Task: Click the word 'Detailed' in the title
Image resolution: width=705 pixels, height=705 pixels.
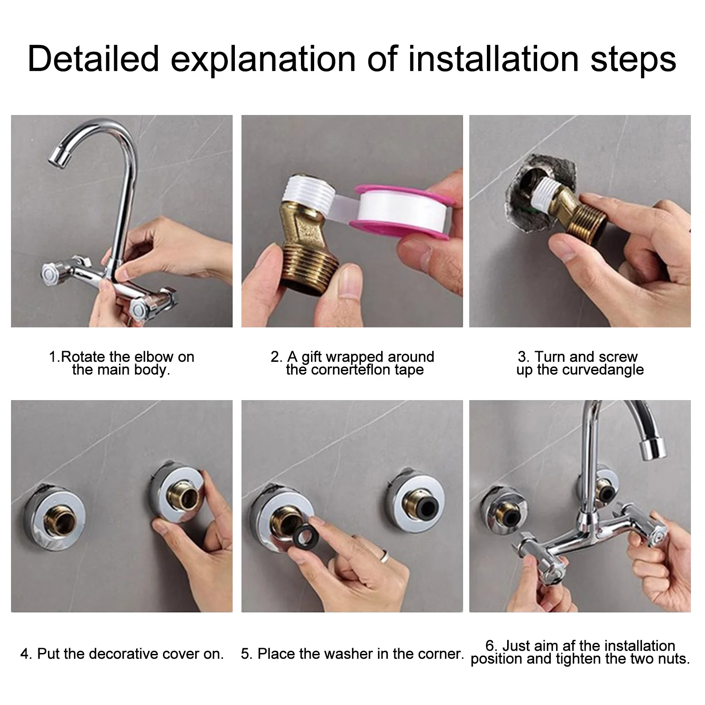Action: pos(93,59)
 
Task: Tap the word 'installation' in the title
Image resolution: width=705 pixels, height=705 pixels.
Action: pos(493,59)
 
